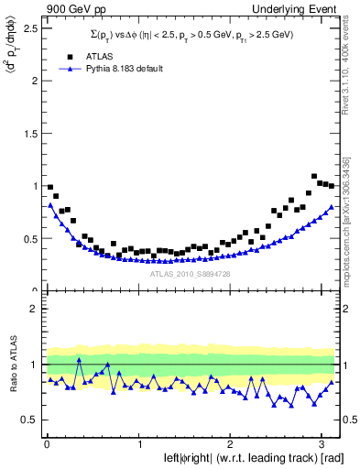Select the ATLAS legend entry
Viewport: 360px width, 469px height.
point(96,56)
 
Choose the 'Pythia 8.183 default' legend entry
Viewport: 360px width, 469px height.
point(120,69)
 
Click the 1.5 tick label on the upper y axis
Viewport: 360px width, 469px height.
point(30,133)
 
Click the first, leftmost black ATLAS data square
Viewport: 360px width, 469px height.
point(49,187)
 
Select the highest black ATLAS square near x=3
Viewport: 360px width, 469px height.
point(314,176)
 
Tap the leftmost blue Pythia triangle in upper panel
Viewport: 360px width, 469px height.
point(49,205)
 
